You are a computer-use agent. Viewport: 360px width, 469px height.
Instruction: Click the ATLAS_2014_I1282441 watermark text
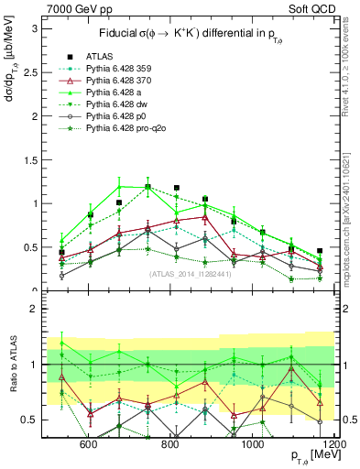189,274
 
